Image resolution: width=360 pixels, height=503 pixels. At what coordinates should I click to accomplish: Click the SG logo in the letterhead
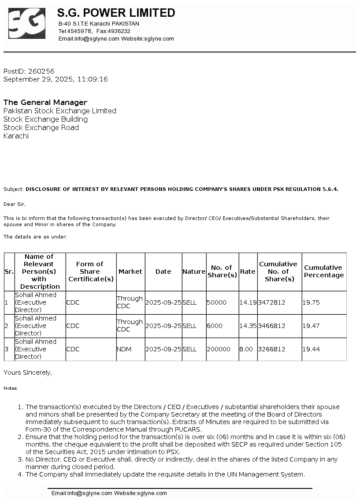coord(26,23)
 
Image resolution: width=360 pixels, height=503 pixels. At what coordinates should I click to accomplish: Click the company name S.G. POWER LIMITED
coord(116,13)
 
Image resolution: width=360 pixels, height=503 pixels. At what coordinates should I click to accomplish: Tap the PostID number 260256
coord(41,71)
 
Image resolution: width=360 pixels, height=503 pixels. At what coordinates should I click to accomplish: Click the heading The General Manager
coord(45,102)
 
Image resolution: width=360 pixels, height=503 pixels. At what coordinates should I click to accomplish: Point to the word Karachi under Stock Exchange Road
coord(16,136)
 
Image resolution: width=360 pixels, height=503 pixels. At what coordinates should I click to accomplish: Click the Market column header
coord(130,272)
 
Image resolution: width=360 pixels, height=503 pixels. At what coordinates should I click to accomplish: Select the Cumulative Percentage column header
coord(324,271)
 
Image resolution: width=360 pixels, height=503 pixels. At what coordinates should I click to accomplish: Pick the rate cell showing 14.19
coord(247,302)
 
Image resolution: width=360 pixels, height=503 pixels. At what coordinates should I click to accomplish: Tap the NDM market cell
coord(124,349)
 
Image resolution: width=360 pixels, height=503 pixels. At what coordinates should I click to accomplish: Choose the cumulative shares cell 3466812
coord(271,326)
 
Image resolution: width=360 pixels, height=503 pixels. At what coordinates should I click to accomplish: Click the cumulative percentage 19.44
coord(311,349)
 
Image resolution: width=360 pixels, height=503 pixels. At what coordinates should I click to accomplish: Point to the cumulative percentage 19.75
coord(311,302)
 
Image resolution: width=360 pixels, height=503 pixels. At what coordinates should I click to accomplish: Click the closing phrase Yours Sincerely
coord(27,373)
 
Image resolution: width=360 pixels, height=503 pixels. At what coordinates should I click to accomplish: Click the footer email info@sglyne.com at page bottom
coord(82,493)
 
